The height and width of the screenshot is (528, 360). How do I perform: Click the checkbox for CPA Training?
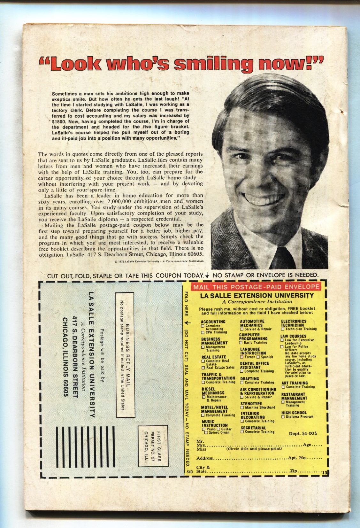[x=203, y=332]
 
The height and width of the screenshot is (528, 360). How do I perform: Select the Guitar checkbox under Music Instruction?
[x=219, y=429]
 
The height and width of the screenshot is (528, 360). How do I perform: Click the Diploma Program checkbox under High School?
[x=283, y=417]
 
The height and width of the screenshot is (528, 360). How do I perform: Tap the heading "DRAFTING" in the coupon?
[x=249, y=379]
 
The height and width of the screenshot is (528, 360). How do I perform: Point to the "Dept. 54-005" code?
[x=303, y=434]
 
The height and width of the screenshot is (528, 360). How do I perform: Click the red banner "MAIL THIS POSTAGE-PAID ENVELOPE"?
[x=256, y=287]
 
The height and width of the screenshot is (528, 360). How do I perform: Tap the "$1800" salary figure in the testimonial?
[x=58, y=121]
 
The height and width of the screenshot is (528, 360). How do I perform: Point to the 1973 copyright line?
[x=158, y=261]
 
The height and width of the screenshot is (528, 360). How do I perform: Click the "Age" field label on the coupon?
[x=307, y=445]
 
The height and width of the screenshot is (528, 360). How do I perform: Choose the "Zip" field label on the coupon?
[x=294, y=471]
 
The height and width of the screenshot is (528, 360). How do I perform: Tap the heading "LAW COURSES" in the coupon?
[x=293, y=336]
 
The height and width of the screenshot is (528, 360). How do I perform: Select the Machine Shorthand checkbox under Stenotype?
[x=242, y=408]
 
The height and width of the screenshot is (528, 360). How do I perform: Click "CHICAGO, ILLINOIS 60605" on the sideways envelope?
[x=65, y=357]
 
